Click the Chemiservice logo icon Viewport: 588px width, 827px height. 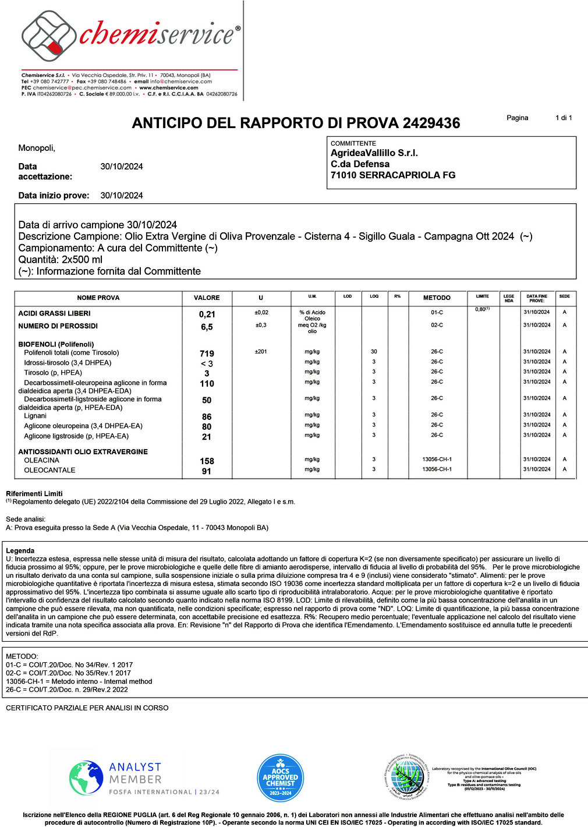click(x=48, y=37)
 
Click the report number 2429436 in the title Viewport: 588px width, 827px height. click(x=431, y=123)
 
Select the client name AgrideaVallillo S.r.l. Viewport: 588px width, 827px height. click(x=374, y=153)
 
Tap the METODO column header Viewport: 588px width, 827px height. click(x=437, y=298)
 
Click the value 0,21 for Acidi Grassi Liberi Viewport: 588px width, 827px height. click(x=207, y=314)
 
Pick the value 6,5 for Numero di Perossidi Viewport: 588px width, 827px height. click(x=207, y=327)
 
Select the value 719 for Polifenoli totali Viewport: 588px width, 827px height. click(x=207, y=354)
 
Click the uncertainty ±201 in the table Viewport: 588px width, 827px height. click(x=261, y=352)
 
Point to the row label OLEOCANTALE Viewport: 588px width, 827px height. click(x=49, y=470)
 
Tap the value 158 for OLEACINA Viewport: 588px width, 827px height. click(x=207, y=461)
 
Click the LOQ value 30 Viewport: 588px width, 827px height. click(x=374, y=352)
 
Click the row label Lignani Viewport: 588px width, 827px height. click(x=35, y=416)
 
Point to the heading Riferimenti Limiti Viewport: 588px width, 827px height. click(x=34, y=493)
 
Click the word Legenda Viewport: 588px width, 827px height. click(x=20, y=550)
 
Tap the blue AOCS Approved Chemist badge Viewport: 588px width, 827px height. click(x=280, y=778)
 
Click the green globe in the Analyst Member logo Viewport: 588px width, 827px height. click(x=86, y=778)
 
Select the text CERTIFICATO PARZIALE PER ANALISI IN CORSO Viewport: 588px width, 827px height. click(x=87, y=708)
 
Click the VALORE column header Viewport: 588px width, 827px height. click(x=207, y=298)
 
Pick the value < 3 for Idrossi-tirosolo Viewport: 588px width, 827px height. click(x=207, y=363)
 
